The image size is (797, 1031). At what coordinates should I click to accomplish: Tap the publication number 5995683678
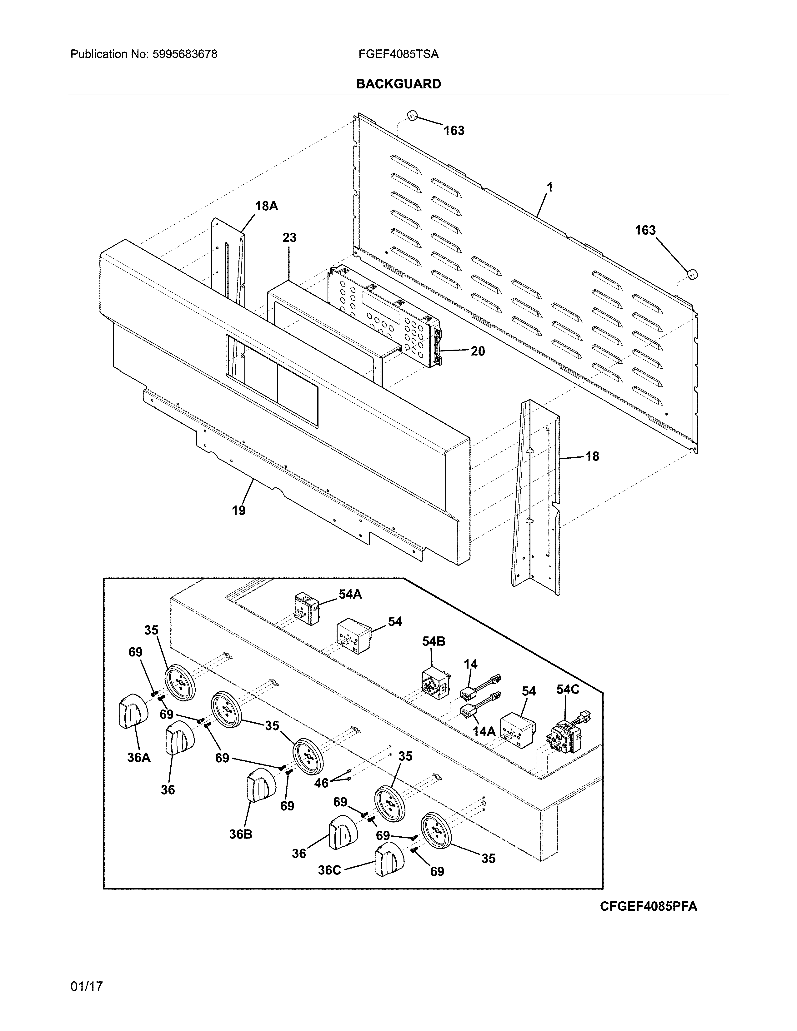click(185, 54)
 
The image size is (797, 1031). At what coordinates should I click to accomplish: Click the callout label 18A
click(266, 206)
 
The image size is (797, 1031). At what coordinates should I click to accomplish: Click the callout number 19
click(238, 510)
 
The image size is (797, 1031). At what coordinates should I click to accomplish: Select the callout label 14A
click(484, 731)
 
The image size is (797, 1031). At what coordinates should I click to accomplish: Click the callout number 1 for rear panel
click(549, 187)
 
